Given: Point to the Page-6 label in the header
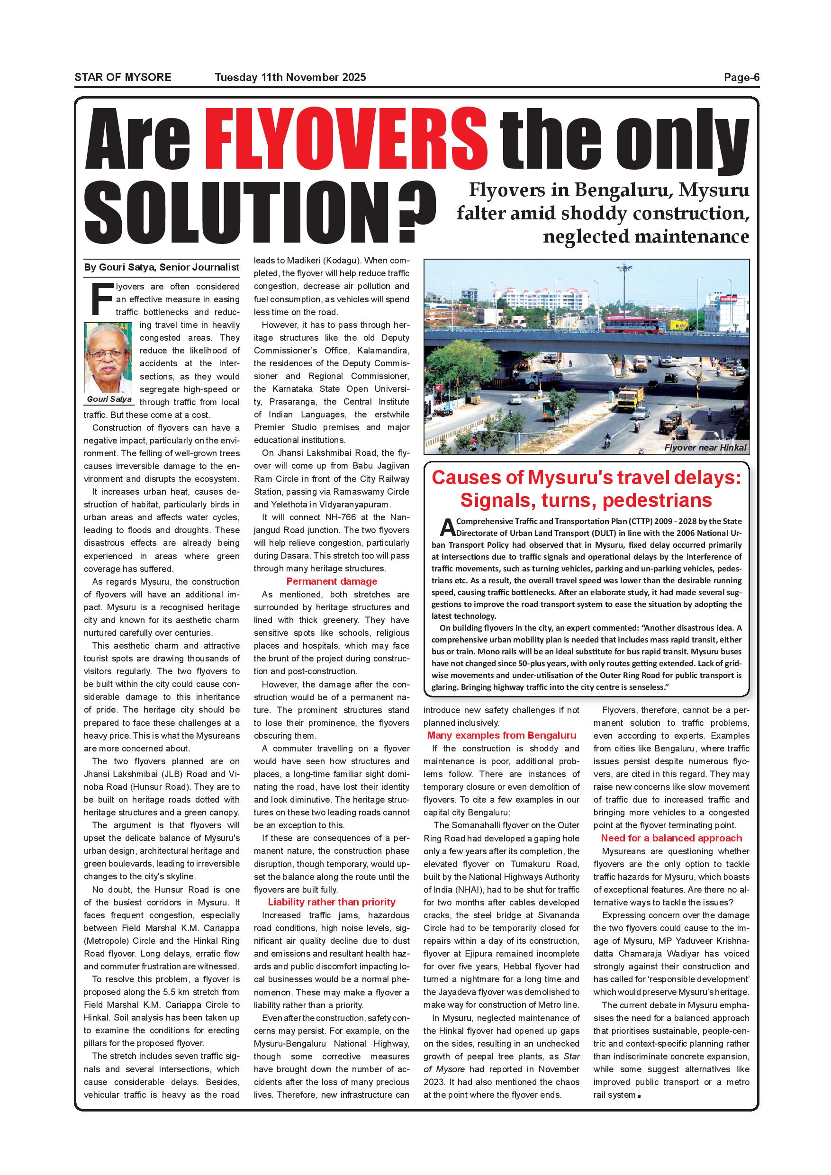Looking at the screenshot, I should [741, 77].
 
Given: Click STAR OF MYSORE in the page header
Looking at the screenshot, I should [123, 77].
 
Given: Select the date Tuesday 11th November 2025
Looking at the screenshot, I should [290, 77].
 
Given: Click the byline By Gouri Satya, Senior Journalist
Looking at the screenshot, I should [162, 267].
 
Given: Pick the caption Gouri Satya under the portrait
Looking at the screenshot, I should [109, 399].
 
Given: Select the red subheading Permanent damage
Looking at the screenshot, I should [332, 581].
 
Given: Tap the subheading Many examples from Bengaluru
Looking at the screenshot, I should [501, 735].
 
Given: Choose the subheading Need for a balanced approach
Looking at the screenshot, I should [671, 838].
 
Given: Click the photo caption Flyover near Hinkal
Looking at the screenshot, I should [705, 448].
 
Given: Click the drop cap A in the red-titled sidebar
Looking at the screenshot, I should [447, 526].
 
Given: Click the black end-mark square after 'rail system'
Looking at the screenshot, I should [640, 1096].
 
